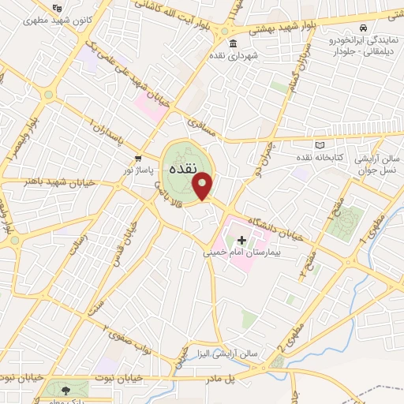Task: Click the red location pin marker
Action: pyautogui.click(x=203, y=186)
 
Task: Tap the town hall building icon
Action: pyautogui.click(x=232, y=44)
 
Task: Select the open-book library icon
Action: pyautogui.click(x=319, y=145)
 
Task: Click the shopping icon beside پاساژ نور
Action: pyautogui.click(x=138, y=158)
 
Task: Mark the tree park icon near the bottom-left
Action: pyautogui.click(x=65, y=389)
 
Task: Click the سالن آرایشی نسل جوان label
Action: pyautogui.click(x=377, y=163)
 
